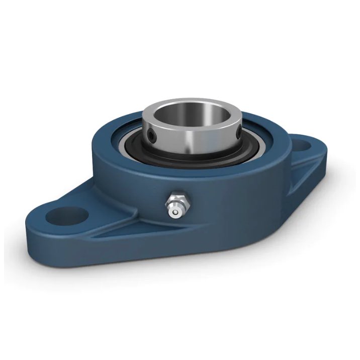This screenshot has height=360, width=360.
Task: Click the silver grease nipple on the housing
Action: coord(174,206)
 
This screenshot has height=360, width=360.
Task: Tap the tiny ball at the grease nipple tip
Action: coord(174,213)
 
